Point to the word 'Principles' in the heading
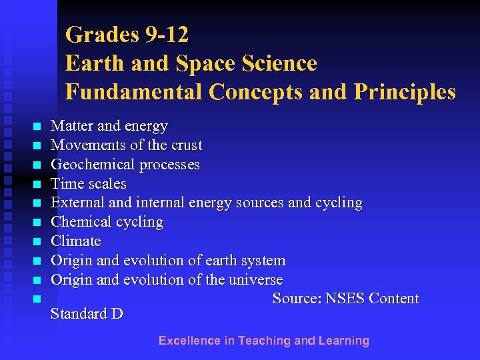click(x=409, y=92)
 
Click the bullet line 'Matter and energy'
click(x=109, y=125)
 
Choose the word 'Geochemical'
click(x=90, y=164)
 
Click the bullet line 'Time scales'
click(x=89, y=183)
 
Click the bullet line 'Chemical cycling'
click(x=107, y=222)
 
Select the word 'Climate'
click(x=76, y=241)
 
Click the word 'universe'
click(x=256, y=279)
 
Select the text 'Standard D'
click(x=87, y=314)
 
